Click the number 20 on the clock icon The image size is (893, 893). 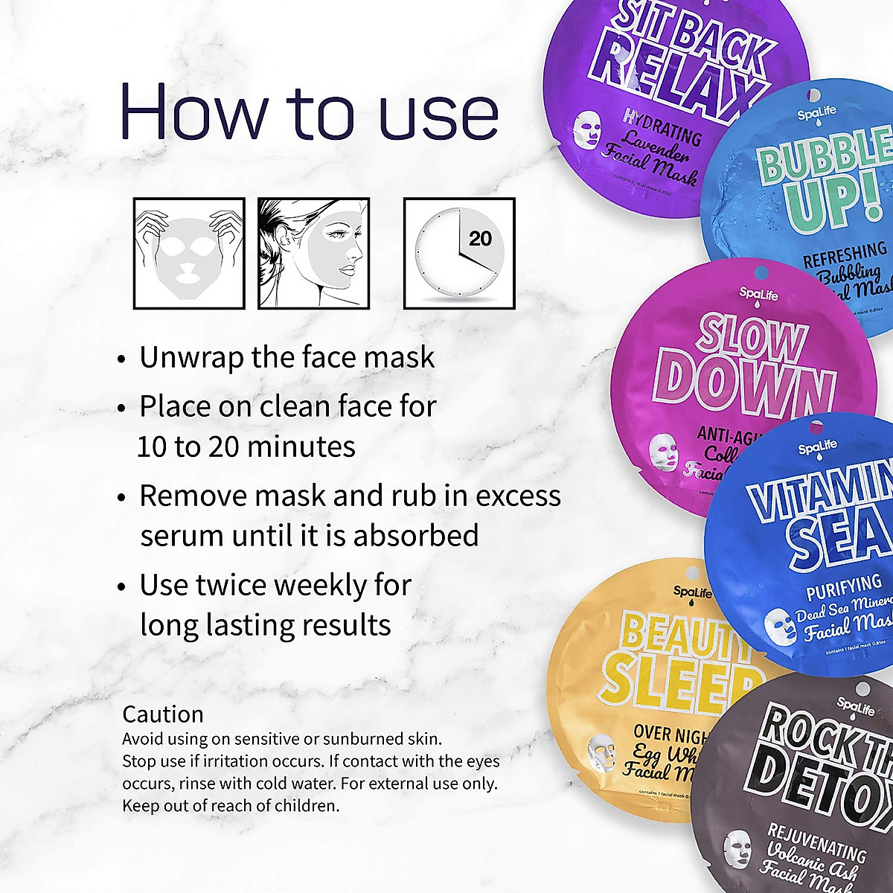click(481, 239)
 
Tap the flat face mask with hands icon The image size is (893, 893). click(189, 253)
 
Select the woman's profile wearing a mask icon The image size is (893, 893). click(313, 253)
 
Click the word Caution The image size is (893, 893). click(163, 714)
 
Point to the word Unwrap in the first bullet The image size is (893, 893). click(191, 358)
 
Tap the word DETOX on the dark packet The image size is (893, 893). click(819, 781)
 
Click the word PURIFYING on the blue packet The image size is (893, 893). click(845, 588)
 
